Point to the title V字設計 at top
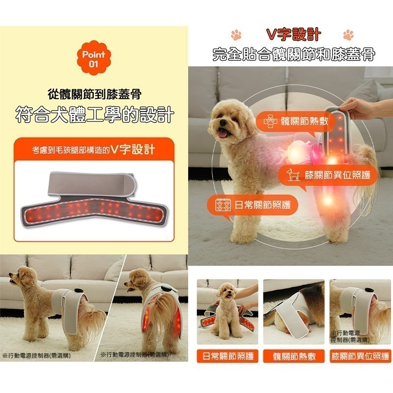pos(293,35)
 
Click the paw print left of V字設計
pos(236,35)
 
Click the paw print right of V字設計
pos(349,35)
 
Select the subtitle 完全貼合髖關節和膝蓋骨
pos(293,54)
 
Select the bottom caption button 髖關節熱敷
pos(293,356)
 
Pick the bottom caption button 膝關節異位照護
pos(360,356)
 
